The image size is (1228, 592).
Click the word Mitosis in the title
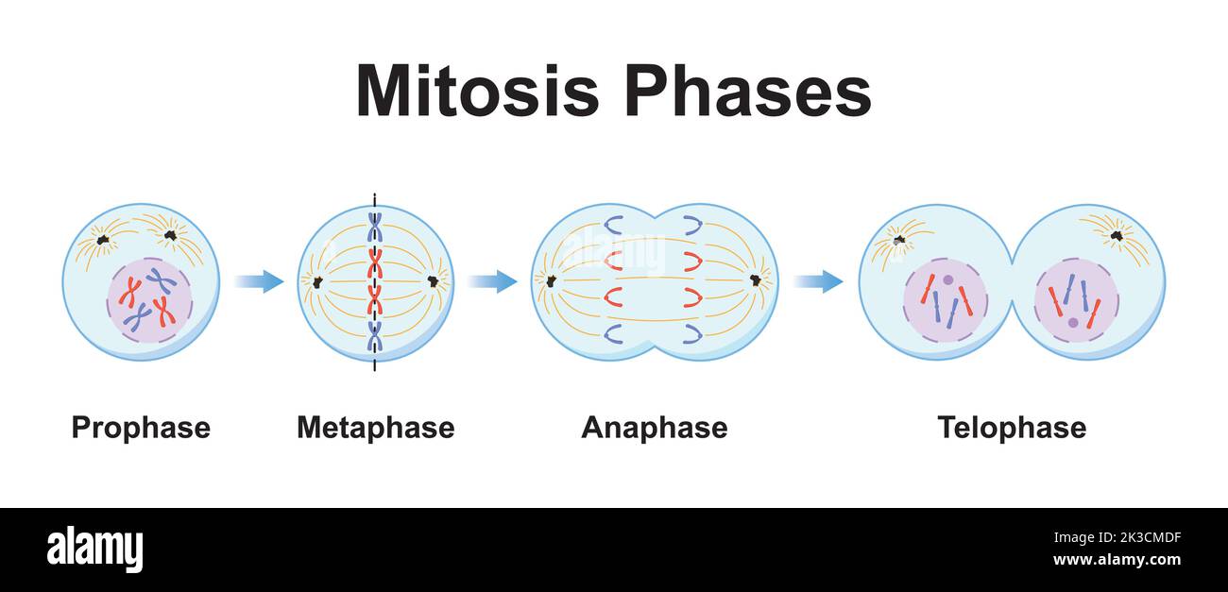pyautogui.click(x=476, y=92)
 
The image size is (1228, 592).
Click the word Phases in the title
pyautogui.click(x=746, y=92)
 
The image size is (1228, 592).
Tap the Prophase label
pyautogui.click(x=141, y=428)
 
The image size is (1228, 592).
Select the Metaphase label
pyautogui.click(x=375, y=428)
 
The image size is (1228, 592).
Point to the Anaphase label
pyautogui.click(x=654, y=428)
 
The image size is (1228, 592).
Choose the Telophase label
pyautogui.click(x=1011, y=428)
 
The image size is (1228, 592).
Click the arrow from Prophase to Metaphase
pyautogui.click(x=259, y=280)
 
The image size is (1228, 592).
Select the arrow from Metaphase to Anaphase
pyautogui.click(x=492, y=280)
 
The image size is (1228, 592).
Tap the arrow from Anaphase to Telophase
pyautogui.click(x=818, y=280)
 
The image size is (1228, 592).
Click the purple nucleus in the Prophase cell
pyautogui.click(x=149, y=301)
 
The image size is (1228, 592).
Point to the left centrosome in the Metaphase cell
pyautogui.click(x=316, y=281)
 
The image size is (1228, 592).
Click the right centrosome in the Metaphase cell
pyautogui.click(x=434, y=281)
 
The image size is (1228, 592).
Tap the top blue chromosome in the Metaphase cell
pyautogui.click(x=375, y=227)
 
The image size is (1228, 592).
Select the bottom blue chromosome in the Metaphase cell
pyautogui.click(x=375, y=336)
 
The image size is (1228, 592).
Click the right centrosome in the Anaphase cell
pyautogui.click(x=756, y=279)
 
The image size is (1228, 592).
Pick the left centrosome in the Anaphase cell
pyautogui.click(x=551, y=280)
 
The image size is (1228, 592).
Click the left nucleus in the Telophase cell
pyautogui.click(x=945, y=299)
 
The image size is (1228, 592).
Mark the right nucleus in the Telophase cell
pyautogui.click(x=1076, y=299)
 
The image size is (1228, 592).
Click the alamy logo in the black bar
pyautogui.click(x=94, y=550)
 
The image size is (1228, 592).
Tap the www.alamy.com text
pyautogui.click(x=1117, y=559)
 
